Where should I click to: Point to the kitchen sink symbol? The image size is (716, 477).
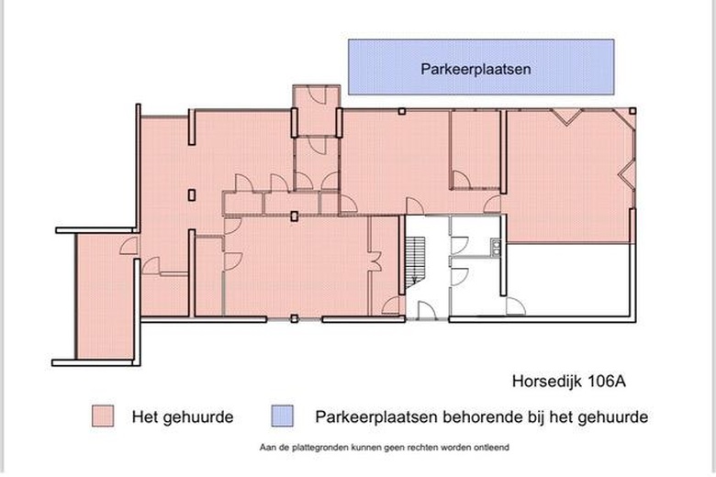click(495, 245)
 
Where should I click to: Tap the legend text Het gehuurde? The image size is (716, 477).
click(182, 416)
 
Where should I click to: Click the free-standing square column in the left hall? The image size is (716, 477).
click(191, 194)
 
